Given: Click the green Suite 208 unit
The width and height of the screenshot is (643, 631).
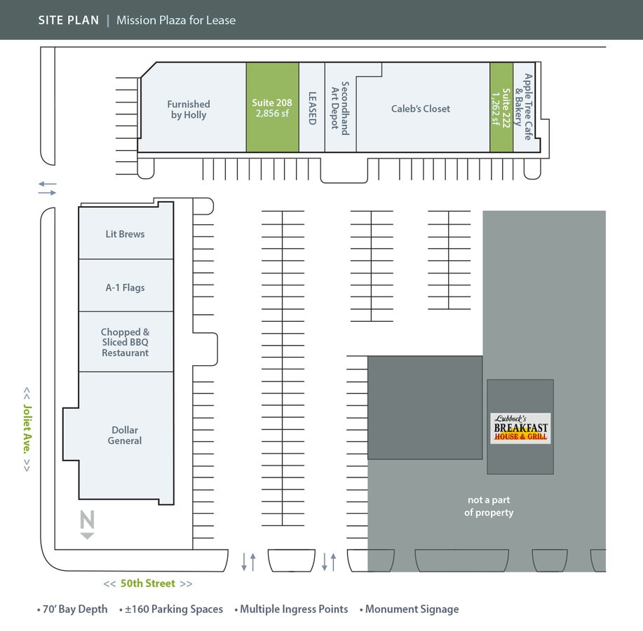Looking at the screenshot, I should click(272, 107).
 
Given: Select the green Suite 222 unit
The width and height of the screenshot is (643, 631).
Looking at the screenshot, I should click(501, 107).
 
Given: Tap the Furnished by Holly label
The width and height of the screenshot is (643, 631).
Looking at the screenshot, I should click(189, 109).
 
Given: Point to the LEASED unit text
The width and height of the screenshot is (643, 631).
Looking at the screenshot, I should click(312, 109).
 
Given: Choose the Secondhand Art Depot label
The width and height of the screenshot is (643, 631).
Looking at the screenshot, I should click(339, 107).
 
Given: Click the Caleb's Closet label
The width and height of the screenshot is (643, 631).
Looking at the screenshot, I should click(421, 109).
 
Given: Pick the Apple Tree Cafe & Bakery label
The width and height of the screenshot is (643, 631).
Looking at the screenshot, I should click(523, 107).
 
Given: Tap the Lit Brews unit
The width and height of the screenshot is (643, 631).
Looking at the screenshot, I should click(126, 233).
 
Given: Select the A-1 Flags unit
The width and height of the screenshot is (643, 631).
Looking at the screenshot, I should click(126, 287).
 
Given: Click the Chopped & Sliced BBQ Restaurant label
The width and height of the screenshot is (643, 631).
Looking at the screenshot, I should click(126, 342).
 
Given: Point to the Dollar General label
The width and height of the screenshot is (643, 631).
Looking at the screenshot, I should click(125, 435).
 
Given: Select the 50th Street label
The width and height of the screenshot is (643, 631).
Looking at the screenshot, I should click(148, 583).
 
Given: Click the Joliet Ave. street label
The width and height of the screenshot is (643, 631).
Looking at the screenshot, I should click(27, 429).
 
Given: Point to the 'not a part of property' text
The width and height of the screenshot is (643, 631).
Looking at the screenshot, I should click(489, 506).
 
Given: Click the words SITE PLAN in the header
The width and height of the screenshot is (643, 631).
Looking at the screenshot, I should click(68, 20).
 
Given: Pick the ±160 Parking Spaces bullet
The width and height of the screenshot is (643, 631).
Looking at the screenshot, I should click(171, 609).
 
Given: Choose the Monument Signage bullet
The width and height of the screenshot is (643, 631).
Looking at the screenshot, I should click(412, 609).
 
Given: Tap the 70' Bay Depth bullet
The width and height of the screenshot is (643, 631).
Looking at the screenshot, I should click(73, 609).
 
